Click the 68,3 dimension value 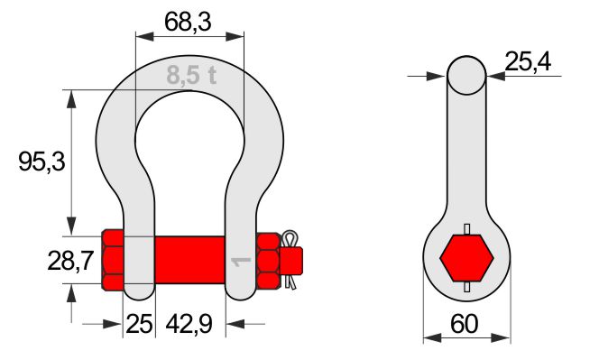click(x=188, y=22)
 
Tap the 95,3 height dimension click(x=42, y=162)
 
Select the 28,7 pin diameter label click(x=70, y=262)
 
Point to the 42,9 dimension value click(x=189, y=324)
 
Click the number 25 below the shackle click(x=139, y=324)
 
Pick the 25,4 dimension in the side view click(x=528, y=61)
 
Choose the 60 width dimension click(x=465, y=324)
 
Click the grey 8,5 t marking click(x=191, y=75)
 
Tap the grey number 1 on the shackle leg click(x=241, y=263)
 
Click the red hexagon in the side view click(x=466, y=258)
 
